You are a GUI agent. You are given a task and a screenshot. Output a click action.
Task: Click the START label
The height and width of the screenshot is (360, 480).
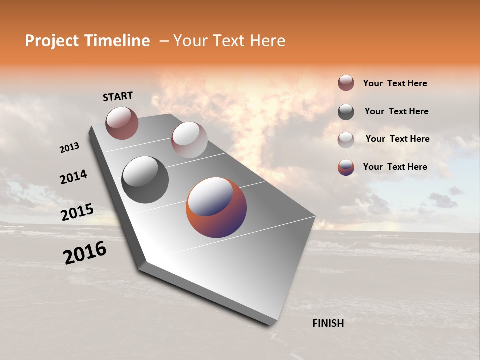[x=118, y=96]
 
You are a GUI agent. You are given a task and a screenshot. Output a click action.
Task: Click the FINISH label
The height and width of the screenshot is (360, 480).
[x=328, y=323]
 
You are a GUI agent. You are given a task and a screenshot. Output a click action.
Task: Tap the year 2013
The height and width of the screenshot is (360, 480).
[x=69, y=148]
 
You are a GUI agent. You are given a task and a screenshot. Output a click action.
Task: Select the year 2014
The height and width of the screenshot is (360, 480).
[x=73, y=177]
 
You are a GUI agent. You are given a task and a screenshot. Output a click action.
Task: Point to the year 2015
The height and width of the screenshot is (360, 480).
[x=77, y=212]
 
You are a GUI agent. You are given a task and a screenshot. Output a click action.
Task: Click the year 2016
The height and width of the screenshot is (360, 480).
[x=85, y=253]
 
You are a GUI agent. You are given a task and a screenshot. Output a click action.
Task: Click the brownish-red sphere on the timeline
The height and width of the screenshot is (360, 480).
[x=122, y=123]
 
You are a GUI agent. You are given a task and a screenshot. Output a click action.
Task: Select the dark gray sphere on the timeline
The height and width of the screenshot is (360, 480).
[x=145, y=180]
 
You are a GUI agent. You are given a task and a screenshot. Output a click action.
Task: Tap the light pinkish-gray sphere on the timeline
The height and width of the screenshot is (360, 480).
[x=189, y=140]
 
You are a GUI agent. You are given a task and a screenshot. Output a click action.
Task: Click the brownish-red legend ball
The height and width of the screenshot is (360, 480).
[x=346, y=83]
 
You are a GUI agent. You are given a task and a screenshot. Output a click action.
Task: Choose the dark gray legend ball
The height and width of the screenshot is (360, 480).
[x=346, y=112]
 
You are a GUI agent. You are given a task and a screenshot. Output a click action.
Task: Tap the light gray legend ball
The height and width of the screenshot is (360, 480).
[x=346, y=140]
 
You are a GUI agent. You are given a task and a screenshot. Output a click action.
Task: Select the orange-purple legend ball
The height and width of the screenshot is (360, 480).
[x=346, y=167]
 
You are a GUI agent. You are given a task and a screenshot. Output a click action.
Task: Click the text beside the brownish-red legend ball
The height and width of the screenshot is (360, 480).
[x=395, y=83]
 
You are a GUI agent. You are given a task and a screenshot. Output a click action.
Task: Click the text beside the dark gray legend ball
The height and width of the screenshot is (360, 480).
[x=396, y=111]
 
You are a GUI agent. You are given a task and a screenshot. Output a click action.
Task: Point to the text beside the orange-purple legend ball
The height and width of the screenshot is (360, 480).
[x=395, y=167]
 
